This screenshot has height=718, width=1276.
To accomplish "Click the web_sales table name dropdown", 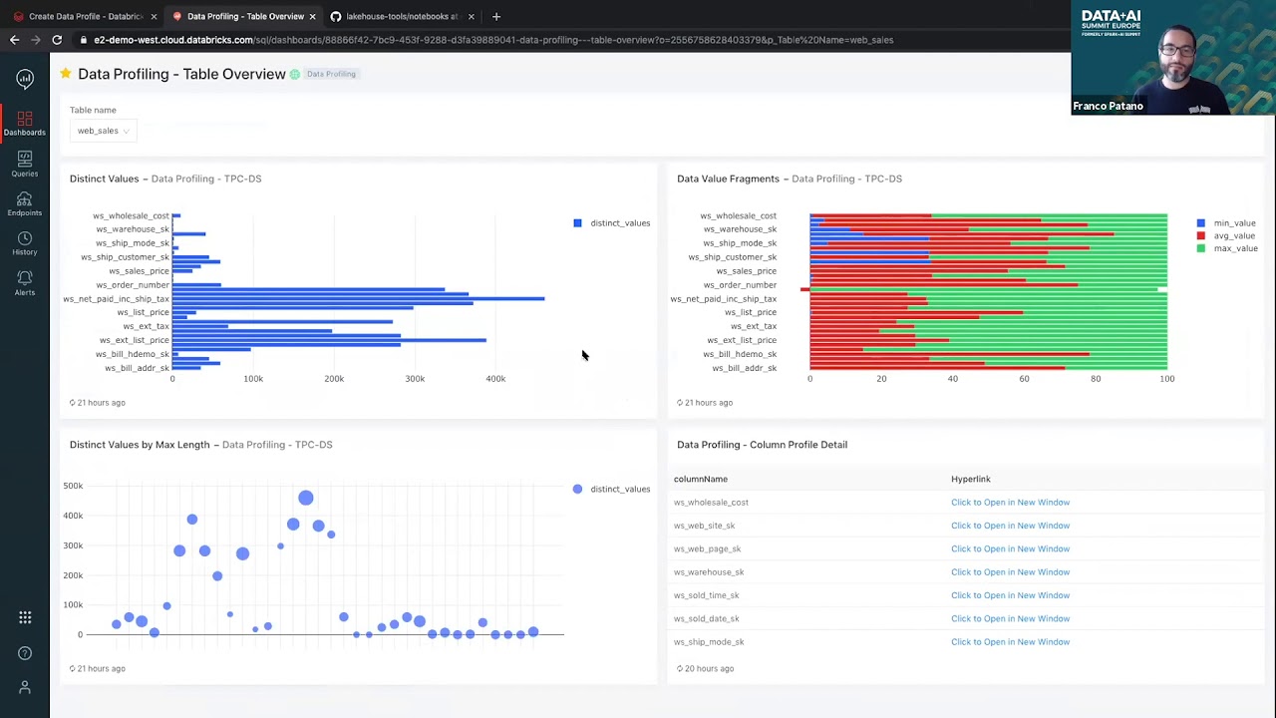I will point(103,131).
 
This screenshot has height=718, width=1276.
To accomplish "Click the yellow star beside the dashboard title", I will point(66,74).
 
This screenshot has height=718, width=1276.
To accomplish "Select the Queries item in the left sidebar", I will point(25,164).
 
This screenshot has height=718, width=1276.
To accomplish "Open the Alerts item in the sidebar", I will point(25,283).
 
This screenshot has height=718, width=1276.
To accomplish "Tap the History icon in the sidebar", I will point(25,243).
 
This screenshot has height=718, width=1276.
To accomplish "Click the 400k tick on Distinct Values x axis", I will point(495,379).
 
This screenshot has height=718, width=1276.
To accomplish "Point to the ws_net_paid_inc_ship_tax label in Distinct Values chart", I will point(117,299).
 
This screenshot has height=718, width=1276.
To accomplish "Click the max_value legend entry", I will point(1234,248).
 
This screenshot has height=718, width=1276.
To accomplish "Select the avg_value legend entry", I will point(1234,236).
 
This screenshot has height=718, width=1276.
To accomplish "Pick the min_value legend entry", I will point(1234,223).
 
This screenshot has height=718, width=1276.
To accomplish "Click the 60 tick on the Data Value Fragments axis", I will point(1024,379).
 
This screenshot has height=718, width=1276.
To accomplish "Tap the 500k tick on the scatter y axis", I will point(73,486).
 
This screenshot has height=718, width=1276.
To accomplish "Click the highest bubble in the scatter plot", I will point(305,498).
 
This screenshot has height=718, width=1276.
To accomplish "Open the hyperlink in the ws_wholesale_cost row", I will point(1010,503).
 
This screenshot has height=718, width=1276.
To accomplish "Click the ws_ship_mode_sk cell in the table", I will point(709,642).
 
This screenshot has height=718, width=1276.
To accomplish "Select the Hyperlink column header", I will point(970,480).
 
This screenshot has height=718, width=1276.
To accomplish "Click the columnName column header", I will point(701,480).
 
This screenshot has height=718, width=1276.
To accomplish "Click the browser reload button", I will point(57,40).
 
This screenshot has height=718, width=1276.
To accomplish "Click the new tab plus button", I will point(496,16).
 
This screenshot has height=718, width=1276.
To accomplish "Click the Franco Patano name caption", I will point(1108,106).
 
